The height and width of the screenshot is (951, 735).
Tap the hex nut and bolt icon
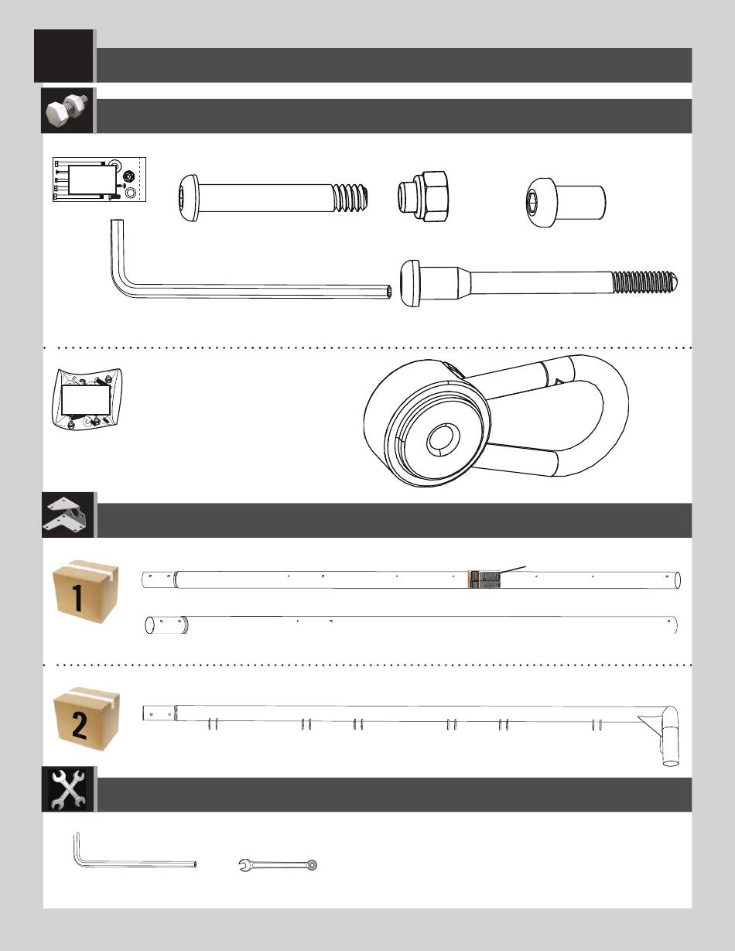point(67,111)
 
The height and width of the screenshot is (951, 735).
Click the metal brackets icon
point(68,515)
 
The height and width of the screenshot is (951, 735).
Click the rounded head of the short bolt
point(189,197)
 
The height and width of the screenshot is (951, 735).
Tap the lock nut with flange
point(422,196)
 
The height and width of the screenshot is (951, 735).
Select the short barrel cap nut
point(566,202)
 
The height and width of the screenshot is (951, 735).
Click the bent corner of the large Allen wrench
point(121,282)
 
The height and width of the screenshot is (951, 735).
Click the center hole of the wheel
point(443,439)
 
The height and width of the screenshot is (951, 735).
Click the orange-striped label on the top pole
point(484,580)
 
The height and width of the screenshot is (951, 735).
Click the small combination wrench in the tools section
point(279,865)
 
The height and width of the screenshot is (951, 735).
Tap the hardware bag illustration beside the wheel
point(86,399)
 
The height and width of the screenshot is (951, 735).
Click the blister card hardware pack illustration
point(99,180)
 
